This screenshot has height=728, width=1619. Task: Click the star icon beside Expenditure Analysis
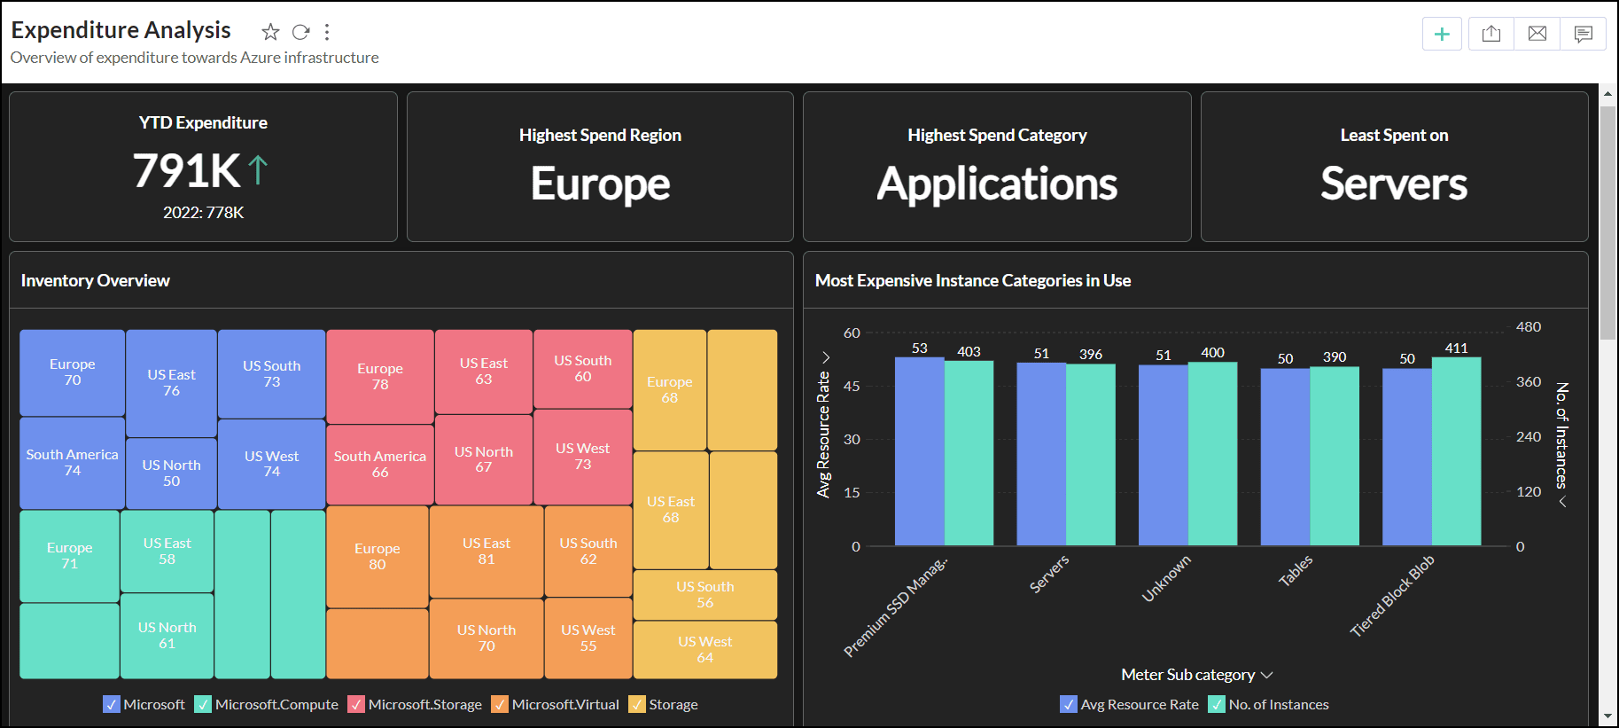pyautogui.click(x=270, y=32)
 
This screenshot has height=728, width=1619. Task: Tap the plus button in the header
pyautogui.click(x=1442, y=34)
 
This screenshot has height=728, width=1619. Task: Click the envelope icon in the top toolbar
pyautogui.click(x=1537, y=34)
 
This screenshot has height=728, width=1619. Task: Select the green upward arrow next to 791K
pyautogui.click(x=258, y=169)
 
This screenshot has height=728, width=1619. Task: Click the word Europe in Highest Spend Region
pyautogui.click(x=600, y=184)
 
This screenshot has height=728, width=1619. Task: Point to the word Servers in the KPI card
pyautogui.click(x=1393, y=184)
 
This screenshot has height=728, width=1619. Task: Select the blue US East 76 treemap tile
pyautogui.click(x=171, y=383)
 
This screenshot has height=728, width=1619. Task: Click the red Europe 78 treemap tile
pyautogui.click(x=380, y=376)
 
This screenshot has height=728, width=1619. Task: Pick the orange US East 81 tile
pyautogui.click(x=486, y=551)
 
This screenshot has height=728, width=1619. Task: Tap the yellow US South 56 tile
pyautogui.click(x=704, y=594)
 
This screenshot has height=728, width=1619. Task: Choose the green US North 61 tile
pyautogui.click(x=167, y=635)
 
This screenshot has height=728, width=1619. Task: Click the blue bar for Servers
pyautogui.click(x=1041, y=454)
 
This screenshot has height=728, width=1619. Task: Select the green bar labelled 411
pyautogui.click(x=1456, y=450)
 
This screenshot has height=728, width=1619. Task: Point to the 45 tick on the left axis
pyautogui.click(x=851, y=387)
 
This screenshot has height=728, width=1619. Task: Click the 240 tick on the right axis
pyautogui.click(x=1529, y=436)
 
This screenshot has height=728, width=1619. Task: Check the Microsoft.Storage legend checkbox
pyautogui.click(x=356, y=705)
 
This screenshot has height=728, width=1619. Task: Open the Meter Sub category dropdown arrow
pyautogui.click(x=1267, y=675)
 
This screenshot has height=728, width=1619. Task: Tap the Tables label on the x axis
pyautogui.click(x=1295, y=571)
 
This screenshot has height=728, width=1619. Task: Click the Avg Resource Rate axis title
pyautogui.click(x=823, y=434)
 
